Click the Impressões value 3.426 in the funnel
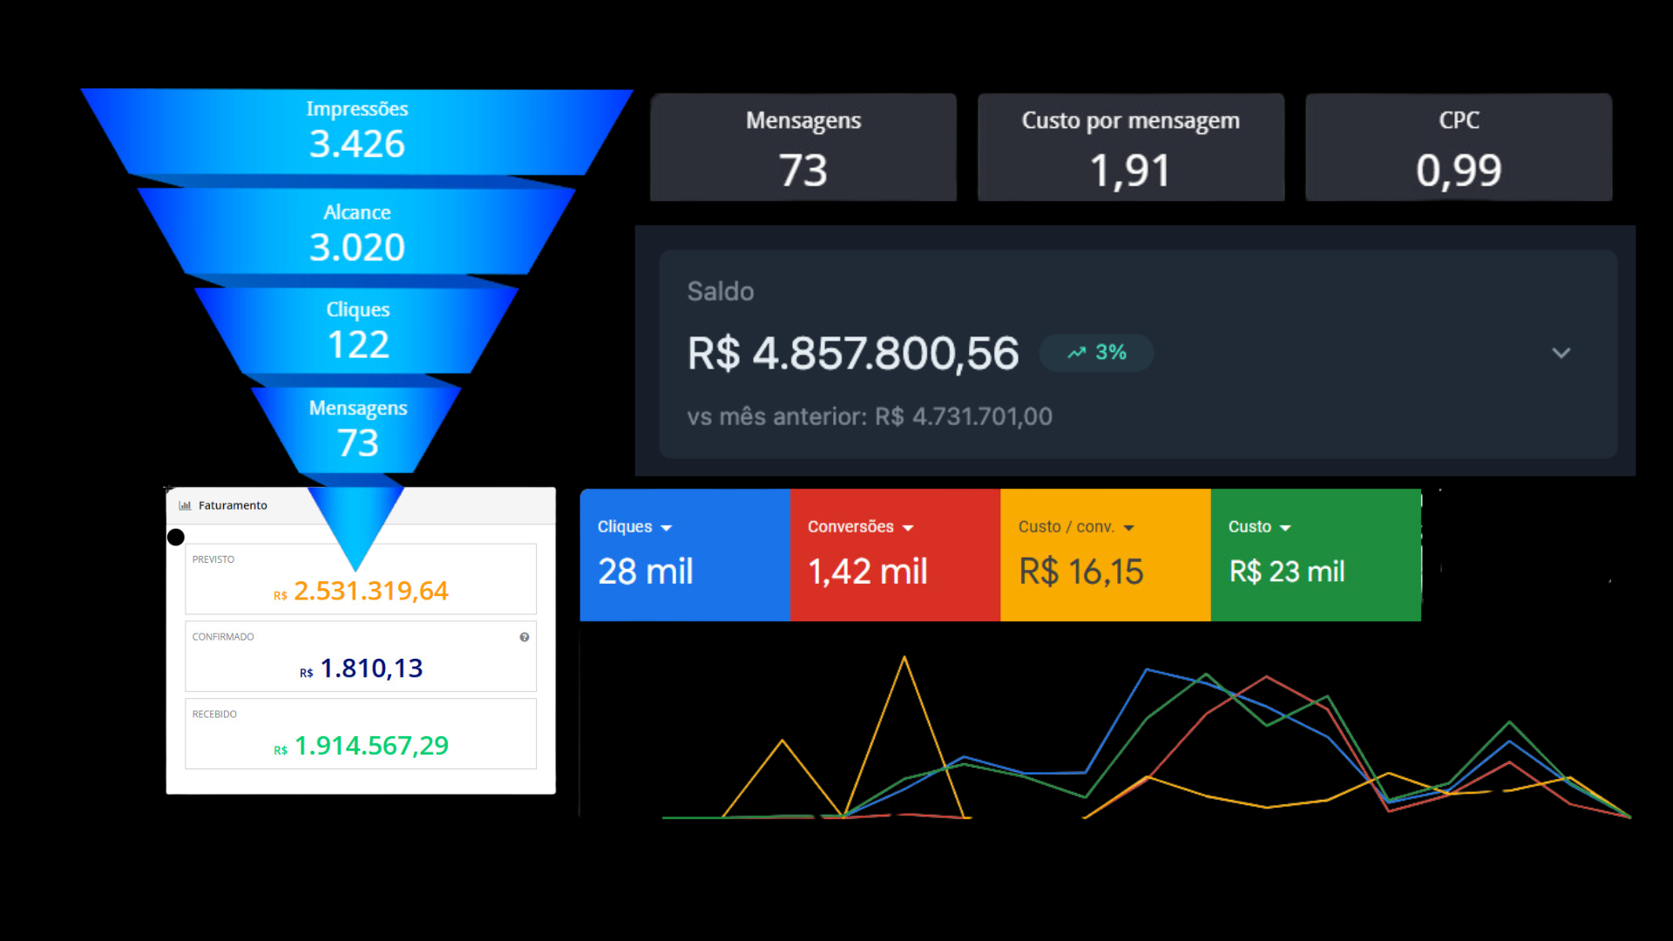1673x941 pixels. (x=357, y=144)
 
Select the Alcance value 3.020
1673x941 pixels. (x=357, y=247)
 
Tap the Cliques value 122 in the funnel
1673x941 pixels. (x=358, y=345)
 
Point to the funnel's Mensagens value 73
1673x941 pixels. (x=358, y=443)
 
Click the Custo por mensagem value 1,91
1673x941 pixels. (x=1130, y=170)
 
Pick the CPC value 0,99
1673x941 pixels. (x=1459, y=170)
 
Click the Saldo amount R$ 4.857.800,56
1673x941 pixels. (x=853, y=353)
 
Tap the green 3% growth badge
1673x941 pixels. (x=1097, y=353)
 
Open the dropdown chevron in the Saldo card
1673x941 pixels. (x=1561, y=353)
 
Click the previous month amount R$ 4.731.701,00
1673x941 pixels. (x=964, y=416)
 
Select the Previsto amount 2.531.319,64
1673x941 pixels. (x=370, y=591)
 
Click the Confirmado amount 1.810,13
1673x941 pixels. (x=371, y=668)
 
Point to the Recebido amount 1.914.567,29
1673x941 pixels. (x=371, y=746)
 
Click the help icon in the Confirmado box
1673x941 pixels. (x=525, y=637)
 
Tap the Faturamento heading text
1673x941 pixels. (x=233, y=505)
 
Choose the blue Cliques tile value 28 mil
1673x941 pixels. (x=646, y=572)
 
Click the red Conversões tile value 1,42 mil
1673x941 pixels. (x=868, y=572)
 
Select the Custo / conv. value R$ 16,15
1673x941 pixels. (x=1080, y=572)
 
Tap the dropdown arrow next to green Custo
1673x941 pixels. (x=1285, y=528)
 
